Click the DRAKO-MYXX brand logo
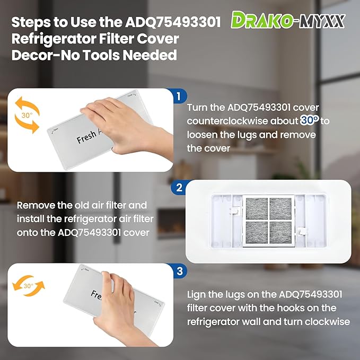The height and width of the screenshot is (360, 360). [x=288, y=20]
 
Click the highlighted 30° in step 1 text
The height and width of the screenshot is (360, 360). [x=309, y=120]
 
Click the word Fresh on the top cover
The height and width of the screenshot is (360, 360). [x=86, y=137]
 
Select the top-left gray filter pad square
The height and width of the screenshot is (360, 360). [x=255, y=208]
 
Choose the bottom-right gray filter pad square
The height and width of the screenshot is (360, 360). [x=280, y=233]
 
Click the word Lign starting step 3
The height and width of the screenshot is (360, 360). [x=197, y=294]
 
